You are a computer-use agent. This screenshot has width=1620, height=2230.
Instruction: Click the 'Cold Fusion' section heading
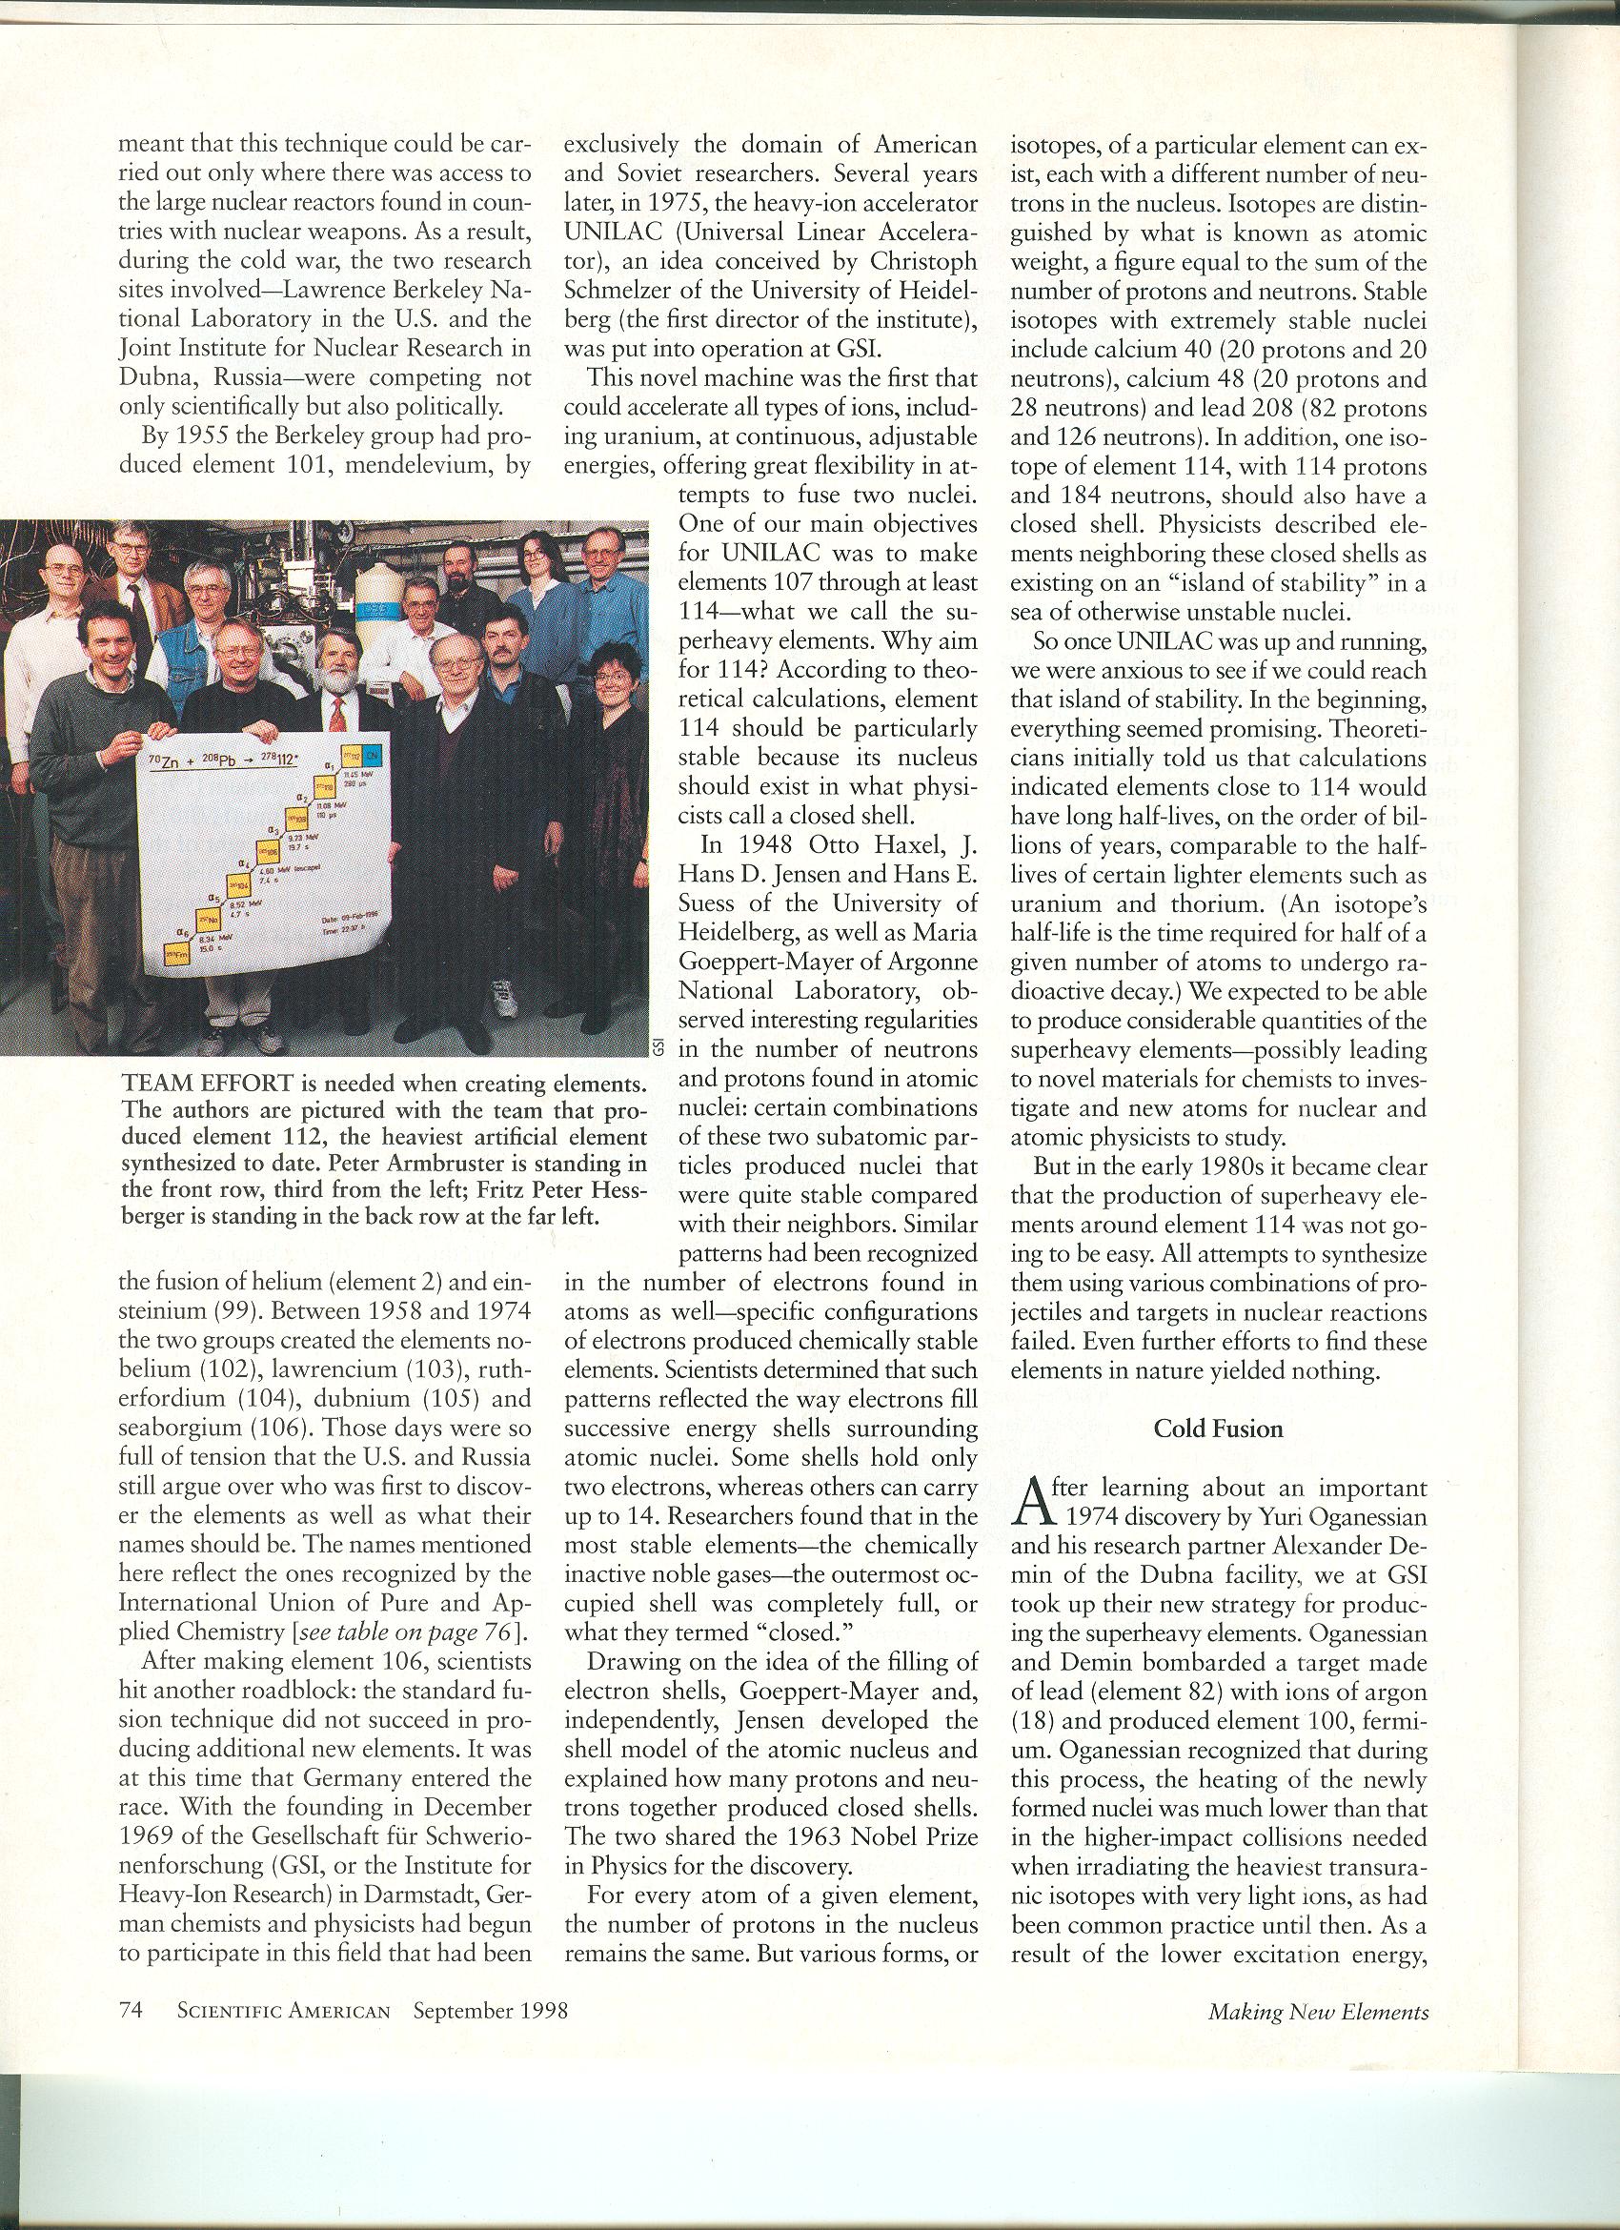(x=1218, y=1429)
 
